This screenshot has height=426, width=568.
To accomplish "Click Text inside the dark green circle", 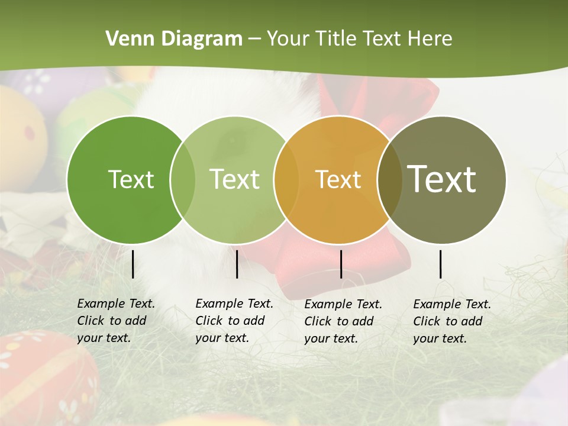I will tap(131, 179).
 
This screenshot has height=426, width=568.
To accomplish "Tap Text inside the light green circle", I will tap(234, 179).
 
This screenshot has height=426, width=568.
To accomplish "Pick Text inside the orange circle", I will tap(338, 179).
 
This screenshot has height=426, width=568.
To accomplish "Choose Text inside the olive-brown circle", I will tap(442, 179).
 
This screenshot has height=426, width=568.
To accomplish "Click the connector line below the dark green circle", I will tap(133, 264).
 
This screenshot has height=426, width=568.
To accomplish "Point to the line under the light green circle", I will tap(237, 264).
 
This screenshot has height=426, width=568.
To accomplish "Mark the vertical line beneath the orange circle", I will tap(341, 264).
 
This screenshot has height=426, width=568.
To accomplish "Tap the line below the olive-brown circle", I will tap(441, 264).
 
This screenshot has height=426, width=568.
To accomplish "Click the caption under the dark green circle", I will tap(116, 321).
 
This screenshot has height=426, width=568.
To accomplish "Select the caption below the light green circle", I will tap(234, 321).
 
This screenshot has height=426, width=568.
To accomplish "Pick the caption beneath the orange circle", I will tap(343, 321).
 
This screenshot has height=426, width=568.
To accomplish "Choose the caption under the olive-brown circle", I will tap(452, 321).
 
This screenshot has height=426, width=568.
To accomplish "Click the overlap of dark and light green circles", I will tap(183, 179).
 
